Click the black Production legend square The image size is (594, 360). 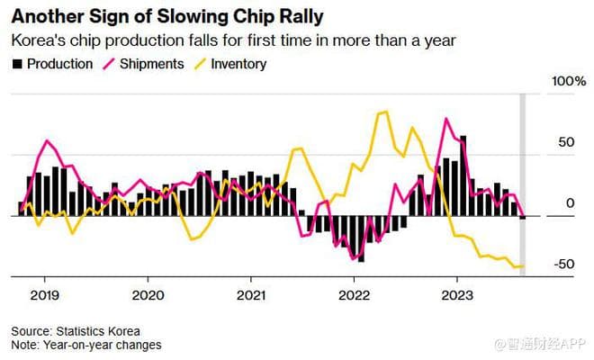click(x=16, y=64)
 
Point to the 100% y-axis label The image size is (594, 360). click(x=568, y=82)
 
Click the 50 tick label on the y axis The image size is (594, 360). click(x=565, y=143)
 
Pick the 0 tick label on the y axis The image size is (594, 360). click(x=570, y=203)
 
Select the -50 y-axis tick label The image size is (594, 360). click(x=563, y=264)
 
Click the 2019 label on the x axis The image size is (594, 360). click(x=44, y=294)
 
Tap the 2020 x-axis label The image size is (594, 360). click(x=148, y=294)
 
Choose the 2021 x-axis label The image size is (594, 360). click(x=251, y=294)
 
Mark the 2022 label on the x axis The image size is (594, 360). click(x=355, y=294)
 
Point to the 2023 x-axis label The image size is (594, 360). click(x=457, y=294)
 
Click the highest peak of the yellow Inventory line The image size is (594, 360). click(x=385, y=112)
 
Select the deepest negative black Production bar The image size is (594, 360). click(x=360, y=238)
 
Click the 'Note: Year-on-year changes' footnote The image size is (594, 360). click(x=86, y=345)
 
